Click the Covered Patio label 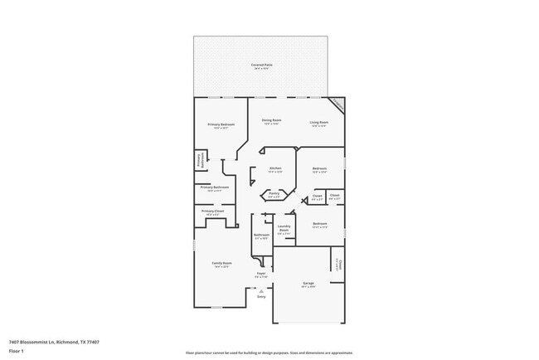(x=262, y=65)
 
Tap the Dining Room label (x=272, y=120)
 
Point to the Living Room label (x=318, y=120)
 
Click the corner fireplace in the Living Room (x=337, y=105)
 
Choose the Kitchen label (x=275, y=168)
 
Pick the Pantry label (x=273, y=195)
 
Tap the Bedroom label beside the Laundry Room (x=320, y=223)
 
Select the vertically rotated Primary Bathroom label (x=199, y=159)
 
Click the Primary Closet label (x=213, y=212)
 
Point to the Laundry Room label (x=284, y=229)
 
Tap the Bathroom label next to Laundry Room (x=261, y=235)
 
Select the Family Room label (x=222, y=263)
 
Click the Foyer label (x=260, y=273)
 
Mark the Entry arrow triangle (x=261, y=290)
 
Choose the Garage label (x=308, y=283)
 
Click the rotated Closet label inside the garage (x=337, y=264)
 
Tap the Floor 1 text (x=16, y=351)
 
